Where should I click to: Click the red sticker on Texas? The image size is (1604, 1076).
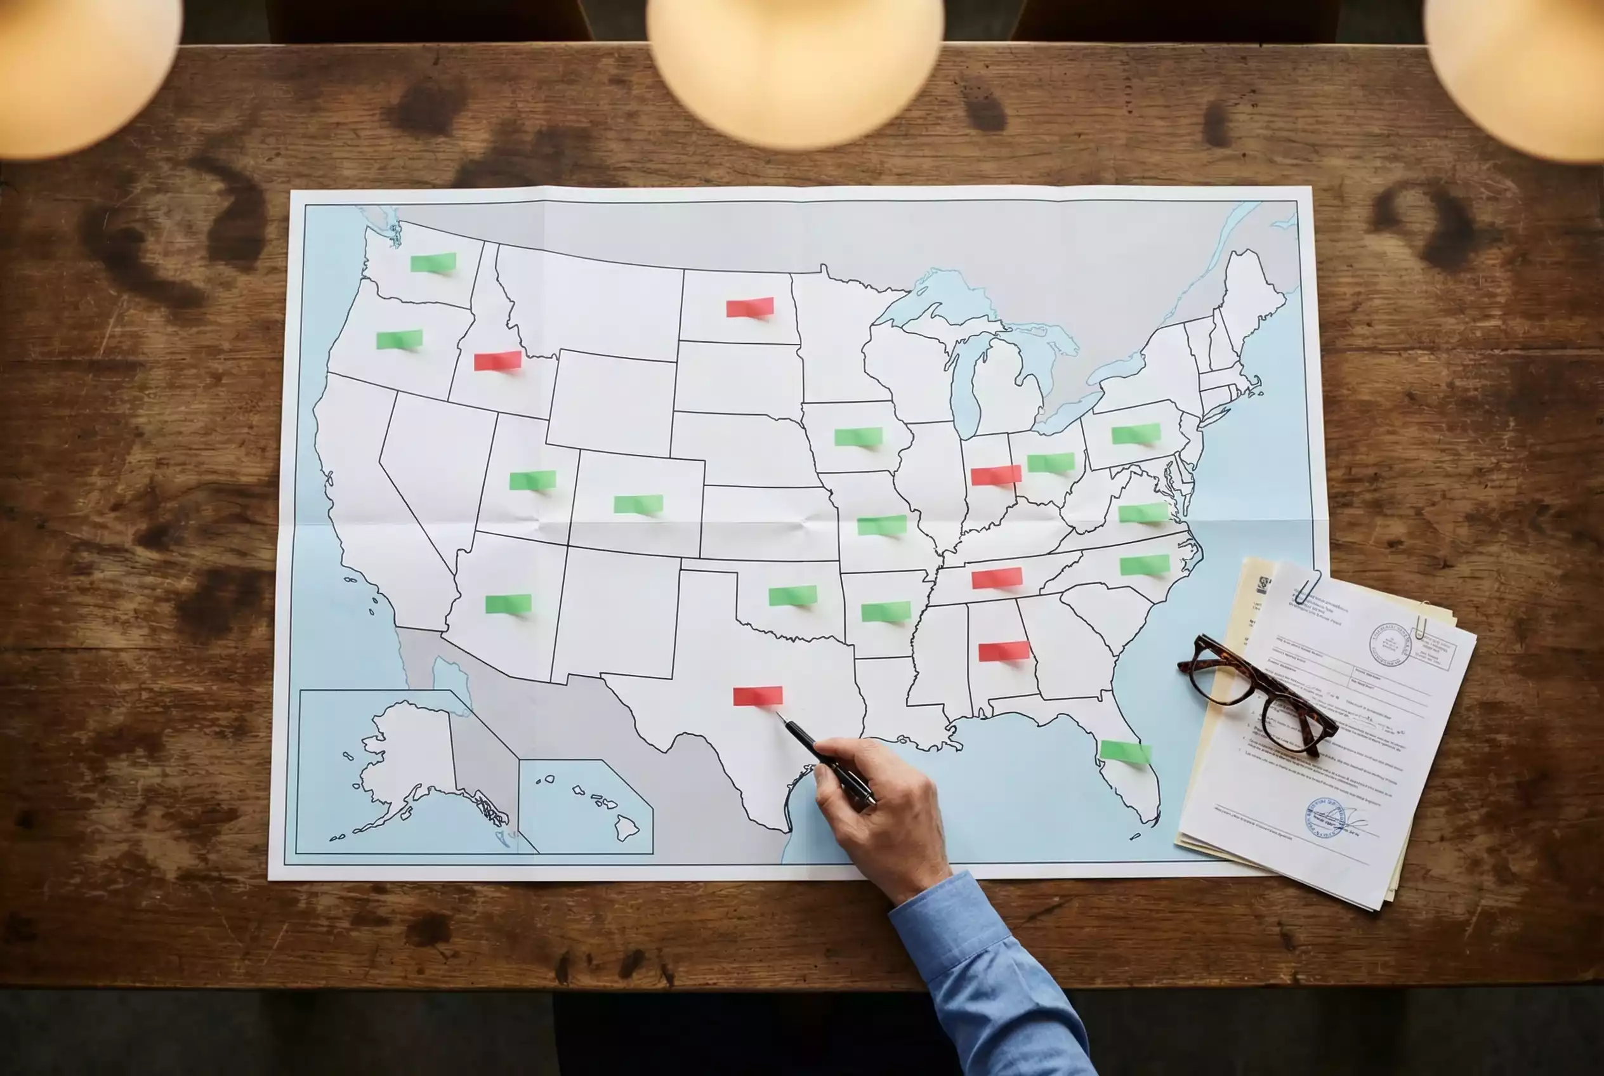757,695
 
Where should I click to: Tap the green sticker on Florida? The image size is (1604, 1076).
1125,751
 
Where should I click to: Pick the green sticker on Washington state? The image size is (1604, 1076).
433,262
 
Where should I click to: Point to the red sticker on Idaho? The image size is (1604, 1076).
497,360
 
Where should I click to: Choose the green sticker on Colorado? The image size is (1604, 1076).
638,504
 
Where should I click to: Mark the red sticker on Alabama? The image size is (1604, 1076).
1003,650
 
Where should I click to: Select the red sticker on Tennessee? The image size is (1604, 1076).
997,578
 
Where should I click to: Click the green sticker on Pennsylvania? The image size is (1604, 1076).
1136,434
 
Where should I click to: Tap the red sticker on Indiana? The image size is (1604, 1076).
996,475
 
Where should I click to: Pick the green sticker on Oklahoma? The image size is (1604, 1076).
792,596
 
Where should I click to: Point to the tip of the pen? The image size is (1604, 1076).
778,714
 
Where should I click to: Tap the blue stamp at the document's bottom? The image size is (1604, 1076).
1324,817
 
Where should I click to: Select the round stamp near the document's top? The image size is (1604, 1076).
1390,645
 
